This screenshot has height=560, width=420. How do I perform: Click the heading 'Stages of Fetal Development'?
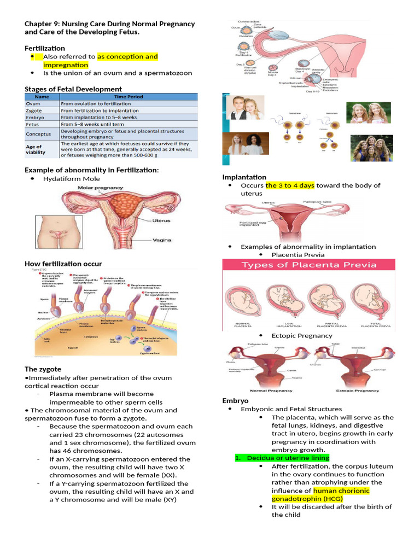73,89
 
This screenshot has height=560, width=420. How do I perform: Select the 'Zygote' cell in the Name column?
34,110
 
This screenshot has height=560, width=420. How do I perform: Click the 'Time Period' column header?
128,97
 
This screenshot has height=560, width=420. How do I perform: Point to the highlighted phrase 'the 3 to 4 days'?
290,185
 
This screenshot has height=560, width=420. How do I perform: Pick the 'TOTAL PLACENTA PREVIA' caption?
376,324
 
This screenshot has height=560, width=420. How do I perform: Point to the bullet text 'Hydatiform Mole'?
72,178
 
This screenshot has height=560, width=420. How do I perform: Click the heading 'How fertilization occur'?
63,264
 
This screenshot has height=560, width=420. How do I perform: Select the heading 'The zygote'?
43,369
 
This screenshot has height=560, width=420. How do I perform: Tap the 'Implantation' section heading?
244,177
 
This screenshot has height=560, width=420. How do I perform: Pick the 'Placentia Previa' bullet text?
298,255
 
